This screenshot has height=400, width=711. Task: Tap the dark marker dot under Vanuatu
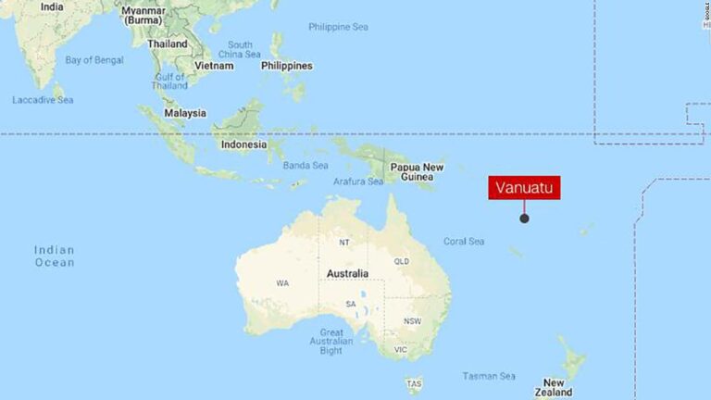pyautogui.click(x=525, y=219)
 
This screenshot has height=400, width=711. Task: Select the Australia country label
pyautogui.click(x=347, y=273)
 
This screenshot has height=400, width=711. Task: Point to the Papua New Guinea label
pyautogui.click(x=417, y=172)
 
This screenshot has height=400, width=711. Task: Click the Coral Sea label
pyautogui.click(x=464, y=242)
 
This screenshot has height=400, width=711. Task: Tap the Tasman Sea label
pyautogui.click(x=489, y=376)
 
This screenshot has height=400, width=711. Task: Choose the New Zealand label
pyautogui.click(x=555, y=388)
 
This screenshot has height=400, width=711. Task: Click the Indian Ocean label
pyautogui.click(x=54, y=256)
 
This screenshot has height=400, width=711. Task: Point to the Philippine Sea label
pyautogui.click(x=338, y=27)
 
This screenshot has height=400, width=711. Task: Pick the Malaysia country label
pyautogui.click(x=184, y=113)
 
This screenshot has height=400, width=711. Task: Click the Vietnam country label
pyautogui.click(x=214, y=66)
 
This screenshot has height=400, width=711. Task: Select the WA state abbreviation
pyautogui.click(x=281, y=282)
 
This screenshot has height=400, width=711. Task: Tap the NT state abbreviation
pyautogui.click(x=344, y=243)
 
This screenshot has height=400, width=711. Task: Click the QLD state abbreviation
pyautogui.click(x=402, y=261)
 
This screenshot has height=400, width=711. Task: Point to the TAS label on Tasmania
pyautogui.click(x=415, y=383)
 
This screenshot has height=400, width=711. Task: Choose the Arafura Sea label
pyautogui.click(x=358, y=181)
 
